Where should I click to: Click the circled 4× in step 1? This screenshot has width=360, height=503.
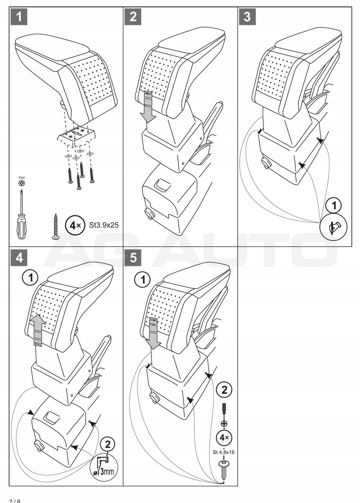74,224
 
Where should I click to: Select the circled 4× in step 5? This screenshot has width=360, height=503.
224,437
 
